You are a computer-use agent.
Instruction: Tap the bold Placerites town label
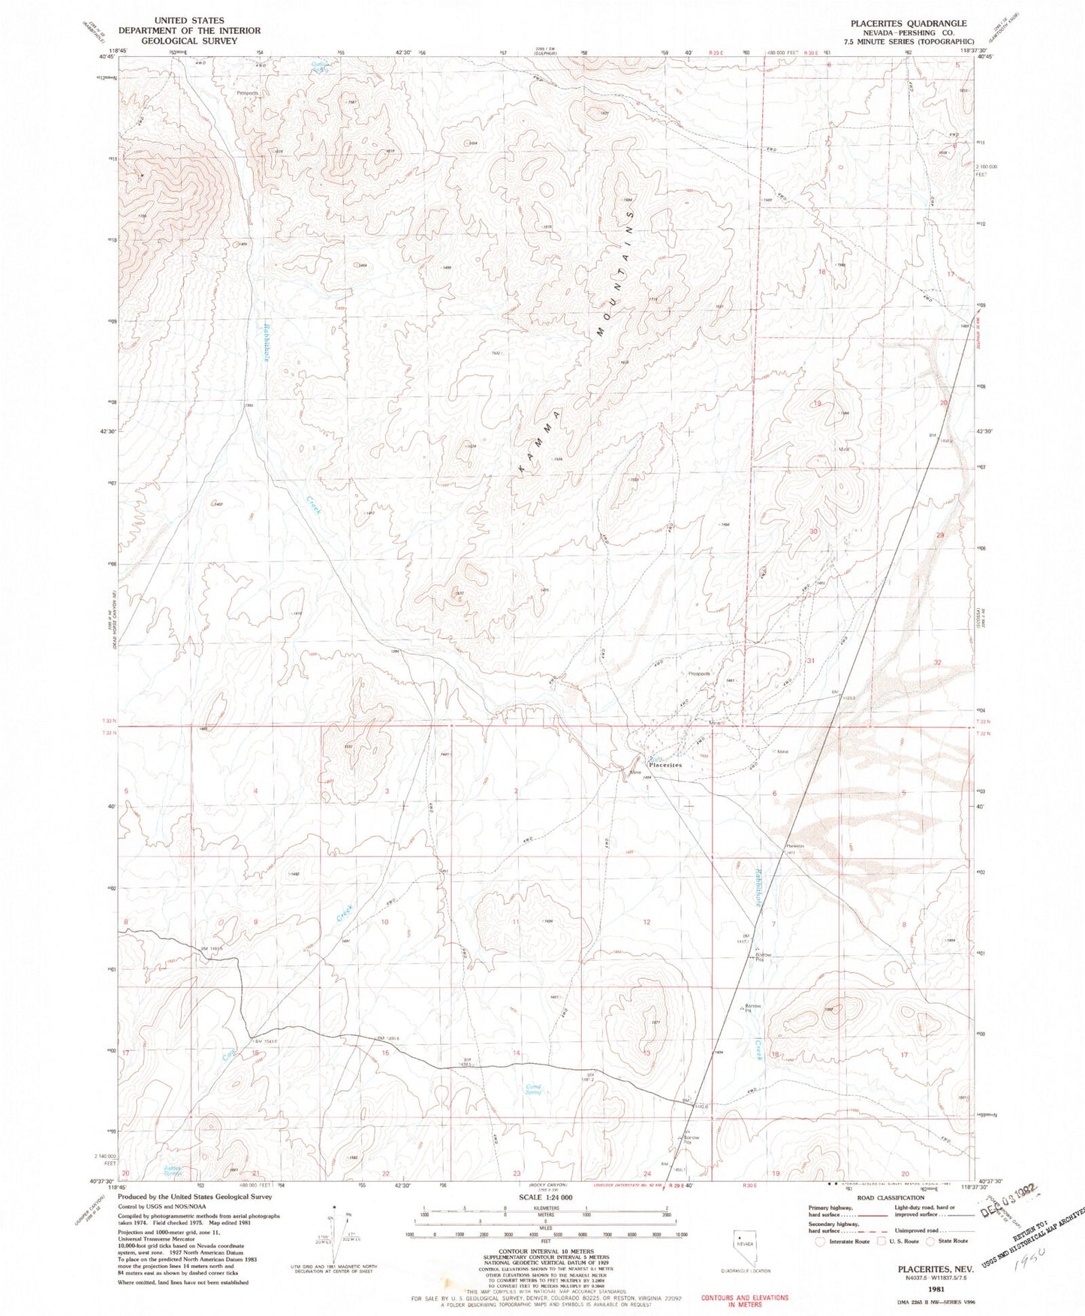(665, 765)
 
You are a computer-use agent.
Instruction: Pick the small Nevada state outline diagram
(746, 1245)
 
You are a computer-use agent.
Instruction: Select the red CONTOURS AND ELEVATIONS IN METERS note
(744, 1301)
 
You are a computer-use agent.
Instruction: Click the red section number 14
(517, 1053)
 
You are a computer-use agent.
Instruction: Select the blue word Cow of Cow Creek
(229, 1056)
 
